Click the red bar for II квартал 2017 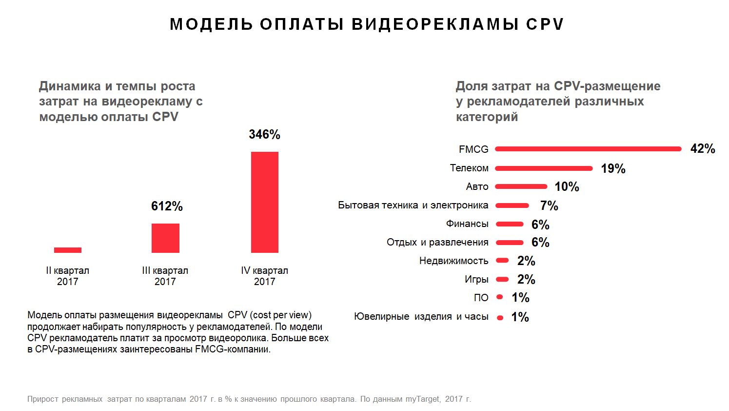pos(68,250)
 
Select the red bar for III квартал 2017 pos(165,238)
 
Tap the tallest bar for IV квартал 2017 pos(265,202)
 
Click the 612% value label pos(167,206)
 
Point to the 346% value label pos(264,134)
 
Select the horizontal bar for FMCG pos(588,149)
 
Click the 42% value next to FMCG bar pos(703,149)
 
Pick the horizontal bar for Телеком pos(544,168)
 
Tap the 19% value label pos(613,168)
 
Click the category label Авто pos(477,186)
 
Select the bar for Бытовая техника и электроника pos(512,205)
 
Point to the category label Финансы pos(467,224)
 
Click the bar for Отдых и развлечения pos(510,243)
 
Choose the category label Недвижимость pos(453,261)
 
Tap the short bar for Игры pos(502,280)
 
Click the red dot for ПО pos(500,297)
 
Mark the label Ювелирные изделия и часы pos(421,316)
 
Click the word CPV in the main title pos(545,24)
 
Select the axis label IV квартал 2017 pos(264,276)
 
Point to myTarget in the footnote pos(423,399)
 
